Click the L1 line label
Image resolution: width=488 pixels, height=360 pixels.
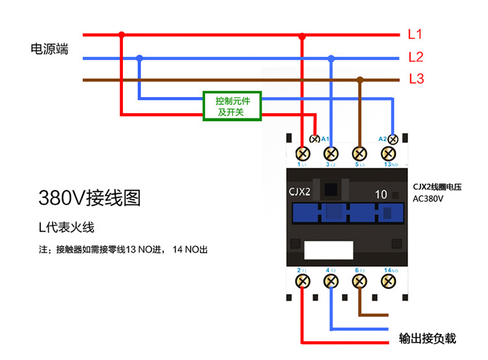(x=415, y=35)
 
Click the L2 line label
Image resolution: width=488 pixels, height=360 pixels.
(x=416, y=57)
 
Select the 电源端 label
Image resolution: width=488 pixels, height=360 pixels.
(x=49, y=49)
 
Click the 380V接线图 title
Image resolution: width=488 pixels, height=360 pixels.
(x=89, y=197)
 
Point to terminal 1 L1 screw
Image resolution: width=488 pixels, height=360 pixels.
(x=303, y=154)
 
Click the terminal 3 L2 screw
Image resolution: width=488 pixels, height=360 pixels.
(x=331, y=154)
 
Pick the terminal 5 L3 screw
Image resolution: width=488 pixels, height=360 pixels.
(x=360, y=154)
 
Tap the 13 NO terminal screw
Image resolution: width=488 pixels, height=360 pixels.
(x=388, y=154)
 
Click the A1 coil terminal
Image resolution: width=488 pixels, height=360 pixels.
(x=315, y=139)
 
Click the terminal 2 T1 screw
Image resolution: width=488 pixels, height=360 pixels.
(x=303, y=281)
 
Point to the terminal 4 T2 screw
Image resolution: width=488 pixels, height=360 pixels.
(x=331, y=281)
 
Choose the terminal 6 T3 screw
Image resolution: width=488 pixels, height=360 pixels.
(x=360, y=281)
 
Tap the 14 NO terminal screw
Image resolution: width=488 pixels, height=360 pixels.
(x=388, y=281)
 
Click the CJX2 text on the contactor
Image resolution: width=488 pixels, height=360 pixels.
(x=299, y=191)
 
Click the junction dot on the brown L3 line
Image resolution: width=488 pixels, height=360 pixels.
(x=360, y=80)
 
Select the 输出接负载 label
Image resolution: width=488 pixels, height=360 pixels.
(x=427, y=339)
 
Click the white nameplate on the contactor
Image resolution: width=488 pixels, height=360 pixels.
(x=329, y=251)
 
